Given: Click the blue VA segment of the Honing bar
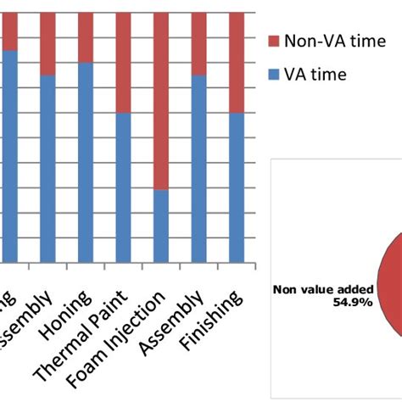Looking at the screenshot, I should point(86,162).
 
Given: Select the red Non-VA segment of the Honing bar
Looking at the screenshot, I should point(86,37).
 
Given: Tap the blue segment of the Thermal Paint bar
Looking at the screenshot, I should point(123,187).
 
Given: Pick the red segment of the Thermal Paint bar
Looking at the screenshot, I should point(123,63).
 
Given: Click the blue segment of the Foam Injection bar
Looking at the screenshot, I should point(161,226).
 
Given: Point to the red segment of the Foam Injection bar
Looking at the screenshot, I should point(161,101).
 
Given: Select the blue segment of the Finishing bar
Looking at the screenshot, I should point(237,187).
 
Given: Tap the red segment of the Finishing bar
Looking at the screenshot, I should point(237,63).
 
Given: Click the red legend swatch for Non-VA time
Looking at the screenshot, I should point(273,42).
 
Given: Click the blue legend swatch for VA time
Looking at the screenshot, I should point(273,75).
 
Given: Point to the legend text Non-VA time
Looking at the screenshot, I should point(327,41).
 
